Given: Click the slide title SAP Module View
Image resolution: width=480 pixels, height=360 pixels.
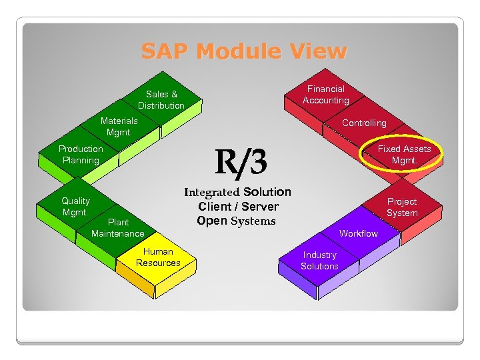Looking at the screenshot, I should (243, 51).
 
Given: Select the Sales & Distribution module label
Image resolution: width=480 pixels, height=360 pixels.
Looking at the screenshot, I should (161, 100).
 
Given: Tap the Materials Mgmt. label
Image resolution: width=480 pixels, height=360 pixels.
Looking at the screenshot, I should (119, 127).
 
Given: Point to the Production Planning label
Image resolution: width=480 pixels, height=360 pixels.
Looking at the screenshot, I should (81, 155).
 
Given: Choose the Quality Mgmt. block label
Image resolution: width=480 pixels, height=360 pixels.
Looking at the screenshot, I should (75, 207).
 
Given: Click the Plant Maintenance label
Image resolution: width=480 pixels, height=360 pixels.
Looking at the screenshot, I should (118, 228).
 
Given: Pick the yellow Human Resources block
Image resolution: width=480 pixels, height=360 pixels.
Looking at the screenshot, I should (158, 257).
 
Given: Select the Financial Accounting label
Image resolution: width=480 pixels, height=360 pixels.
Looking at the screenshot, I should (325, 95).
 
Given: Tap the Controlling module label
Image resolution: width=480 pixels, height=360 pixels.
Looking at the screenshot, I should (364, 123).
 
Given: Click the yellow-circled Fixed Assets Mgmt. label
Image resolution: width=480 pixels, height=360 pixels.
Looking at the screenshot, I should (404, 155).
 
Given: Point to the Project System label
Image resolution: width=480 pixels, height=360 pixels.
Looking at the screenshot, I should (402, 207).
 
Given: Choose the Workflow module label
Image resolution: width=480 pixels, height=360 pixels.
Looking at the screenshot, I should (358, 233).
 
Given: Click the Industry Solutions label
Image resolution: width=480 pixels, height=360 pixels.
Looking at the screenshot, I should (319, 261).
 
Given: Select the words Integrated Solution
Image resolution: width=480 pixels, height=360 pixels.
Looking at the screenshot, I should (237, 192).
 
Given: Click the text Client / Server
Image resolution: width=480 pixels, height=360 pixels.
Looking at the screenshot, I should (238, 207).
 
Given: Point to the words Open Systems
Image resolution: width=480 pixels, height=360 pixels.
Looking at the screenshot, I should (236, 221).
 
